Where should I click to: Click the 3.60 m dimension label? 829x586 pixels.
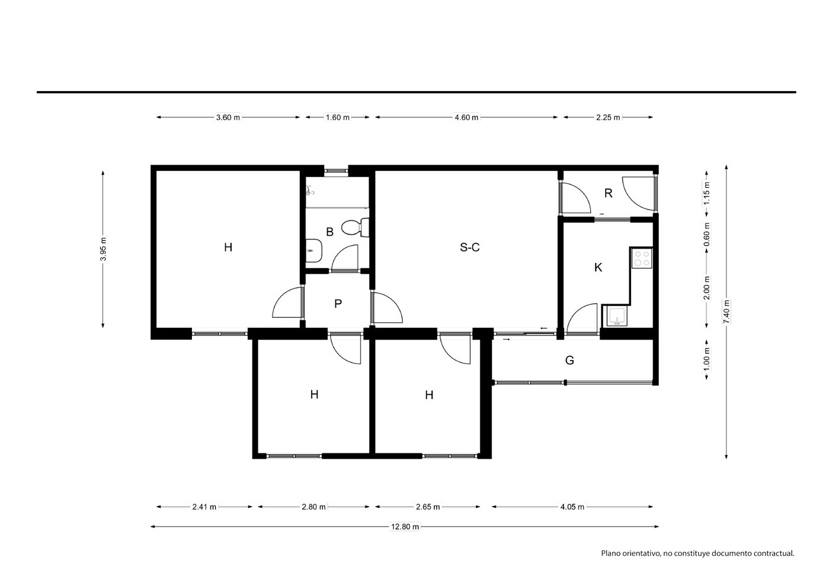click(228, 118)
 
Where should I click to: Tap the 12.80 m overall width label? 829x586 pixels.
click(405, 526)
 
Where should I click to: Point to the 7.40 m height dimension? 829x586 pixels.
click(727, 311)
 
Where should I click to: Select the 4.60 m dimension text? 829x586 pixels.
click(466, 118)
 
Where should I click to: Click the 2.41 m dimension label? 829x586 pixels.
click(204, 507)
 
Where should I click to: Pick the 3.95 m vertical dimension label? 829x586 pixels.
click(103, 249)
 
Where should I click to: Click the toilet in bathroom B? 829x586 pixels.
click(355, 227)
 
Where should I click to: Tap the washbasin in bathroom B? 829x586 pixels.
click(314, 250)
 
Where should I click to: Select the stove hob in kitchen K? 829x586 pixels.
click(642, 258)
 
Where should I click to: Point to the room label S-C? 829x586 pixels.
click(470, 247)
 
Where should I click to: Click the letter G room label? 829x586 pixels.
click(569, 360)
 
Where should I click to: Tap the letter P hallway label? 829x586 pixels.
click(338, 304)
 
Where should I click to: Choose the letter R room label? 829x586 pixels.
click(608, 193)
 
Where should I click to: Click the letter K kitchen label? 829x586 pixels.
click(598, 268)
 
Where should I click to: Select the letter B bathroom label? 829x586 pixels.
click(329, 232)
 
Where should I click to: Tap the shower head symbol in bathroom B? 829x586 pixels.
click(310, 191)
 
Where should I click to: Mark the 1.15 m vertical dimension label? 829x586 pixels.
click(707, 193)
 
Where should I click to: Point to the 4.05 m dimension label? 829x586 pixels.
click(572, 507)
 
